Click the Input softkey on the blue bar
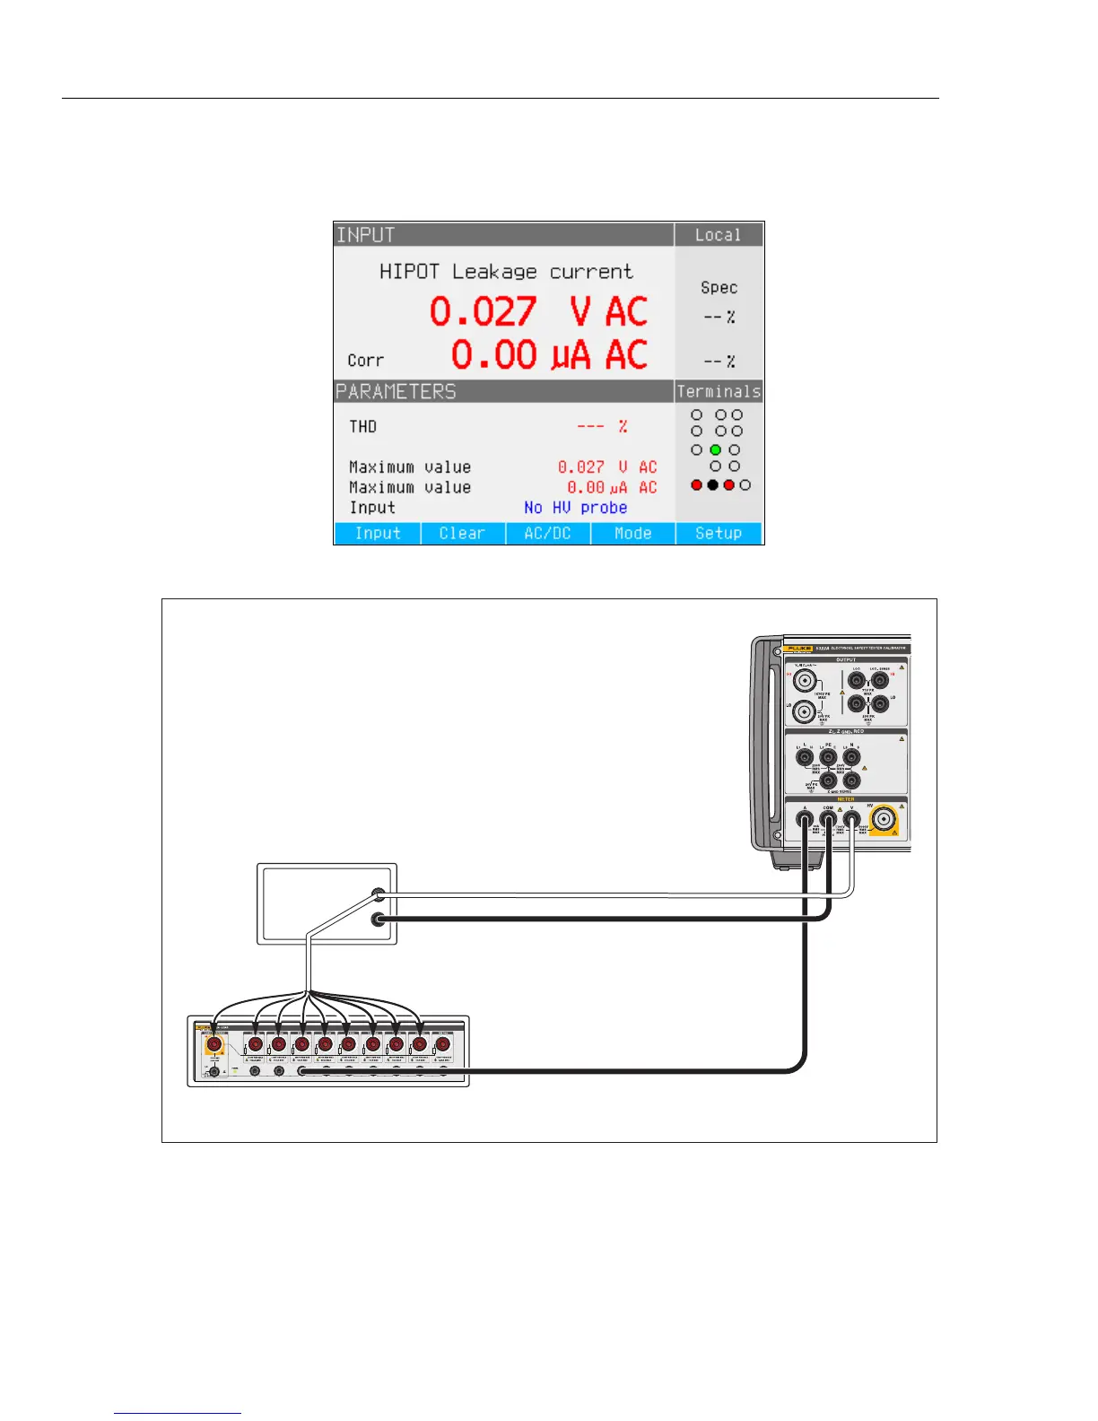(x=378, y=533)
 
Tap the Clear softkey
(x=462, y=533)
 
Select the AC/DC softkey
(x=547, y=533)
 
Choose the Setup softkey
(x=719, y=533)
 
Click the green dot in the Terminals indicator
(x=716, y=449)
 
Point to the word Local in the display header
(x=718, y=235)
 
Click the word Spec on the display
(x=719, y=288)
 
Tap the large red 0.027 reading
(x=483, y=312)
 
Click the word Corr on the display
(x=366, y=361)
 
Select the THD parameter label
(x=363, y=426)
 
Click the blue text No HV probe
(x=575, y=508)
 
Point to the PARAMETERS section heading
(x=396, y=392)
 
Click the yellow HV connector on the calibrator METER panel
(x=883, y=819)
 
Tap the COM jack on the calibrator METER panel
(x=829, y=819)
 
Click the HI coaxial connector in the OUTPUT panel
(x=804, y=680)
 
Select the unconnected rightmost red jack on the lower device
(x=442, y=1044)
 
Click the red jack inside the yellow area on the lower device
(x=213, y=1044)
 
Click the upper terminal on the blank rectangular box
(x=379, y=894)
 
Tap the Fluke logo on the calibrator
(x=797, y=648)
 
